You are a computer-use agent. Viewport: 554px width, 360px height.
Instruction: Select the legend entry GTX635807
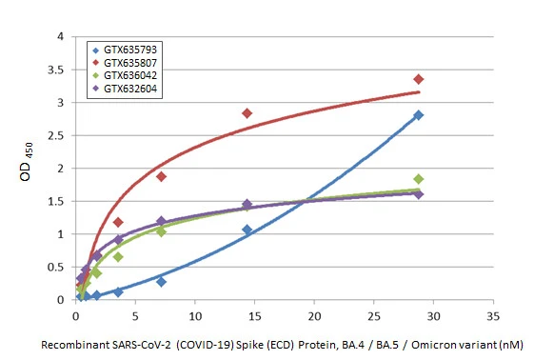(130, 61)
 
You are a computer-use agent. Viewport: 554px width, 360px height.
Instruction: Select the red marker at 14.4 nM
(247, 113)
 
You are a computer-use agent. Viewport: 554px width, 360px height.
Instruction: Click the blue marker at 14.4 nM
(247, 230)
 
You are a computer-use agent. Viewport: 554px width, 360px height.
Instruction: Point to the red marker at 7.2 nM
(162, 176)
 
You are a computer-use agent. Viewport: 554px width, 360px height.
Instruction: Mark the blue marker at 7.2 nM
(162, 282)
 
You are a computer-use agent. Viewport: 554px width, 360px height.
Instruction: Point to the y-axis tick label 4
(61, 36)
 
